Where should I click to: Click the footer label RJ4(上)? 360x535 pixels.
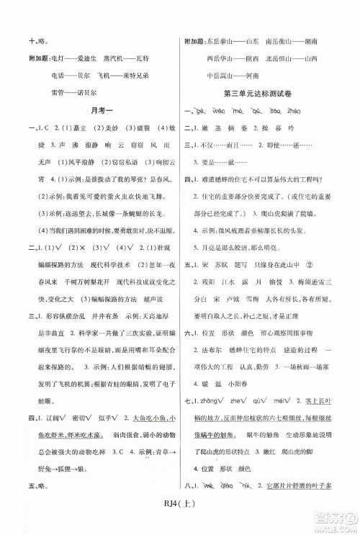180,513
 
